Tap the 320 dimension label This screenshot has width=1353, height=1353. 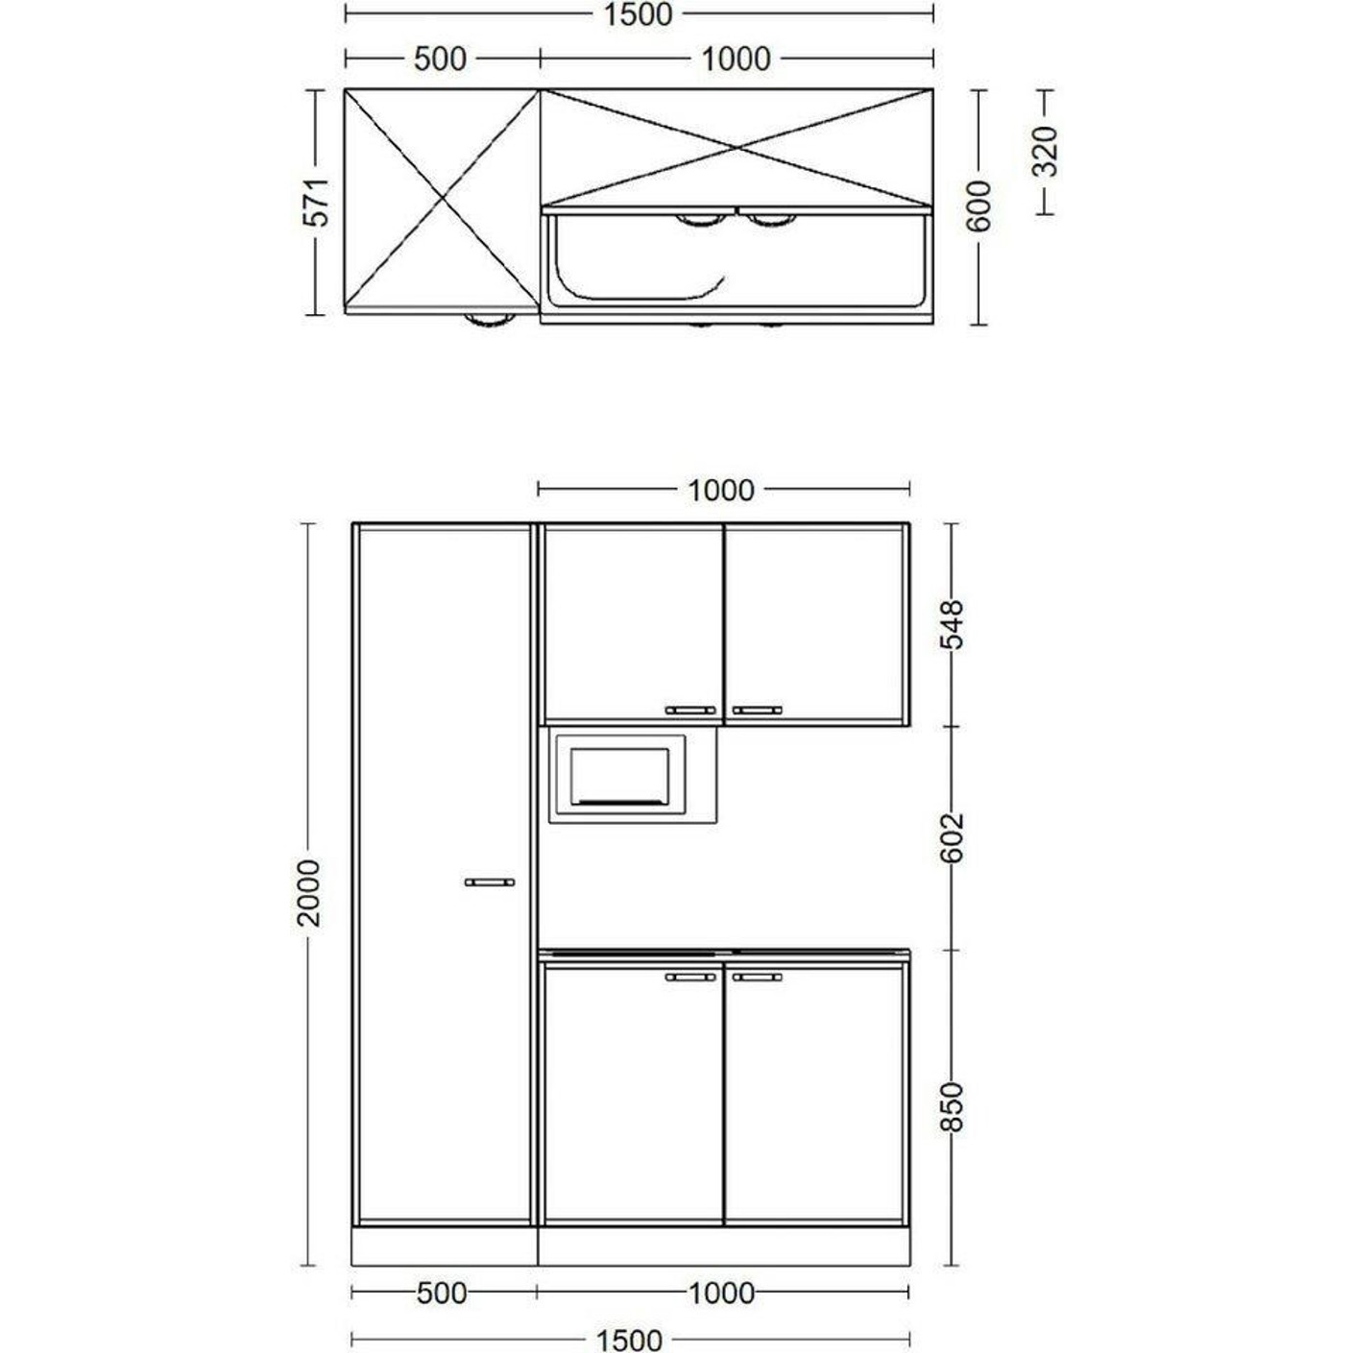pyautogui.click(x=1046, y=151)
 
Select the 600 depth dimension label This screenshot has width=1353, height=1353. pyautogui.click(x=979, y=205)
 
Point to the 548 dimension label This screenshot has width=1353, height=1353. pyautogui.click(x=952, y=625)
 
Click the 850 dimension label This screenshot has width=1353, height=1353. pyautogui.click(x=952, y=1107)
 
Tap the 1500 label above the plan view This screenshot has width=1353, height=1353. pyautogui.click(x=639, y=14)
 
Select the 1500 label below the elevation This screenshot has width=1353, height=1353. pyautogui.click(x=630, y=1340)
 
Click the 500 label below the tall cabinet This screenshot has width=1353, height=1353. pyautogui.click(x=442, y=1293)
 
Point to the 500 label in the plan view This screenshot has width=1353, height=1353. pyautogui.click(x=440, y=59)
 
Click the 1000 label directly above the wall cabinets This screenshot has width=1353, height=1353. pyautogui.click(x=721, y=490)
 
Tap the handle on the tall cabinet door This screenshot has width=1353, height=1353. pyautogui.click(x=490, y=882)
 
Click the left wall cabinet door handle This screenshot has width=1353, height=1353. pyautogui.click(x=690, y=710)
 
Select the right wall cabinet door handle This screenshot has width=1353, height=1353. pyautogui.click(x=757, y=710)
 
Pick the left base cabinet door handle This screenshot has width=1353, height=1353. pyautogui.click(x=690, y=977)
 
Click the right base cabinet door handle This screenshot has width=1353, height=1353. pyautogui.click(x=757, y=977)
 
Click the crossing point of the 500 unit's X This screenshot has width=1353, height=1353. pyautogui.click(x=443, y=200)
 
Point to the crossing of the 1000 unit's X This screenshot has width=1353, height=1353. pyautogui.click(x=737, y=148)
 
